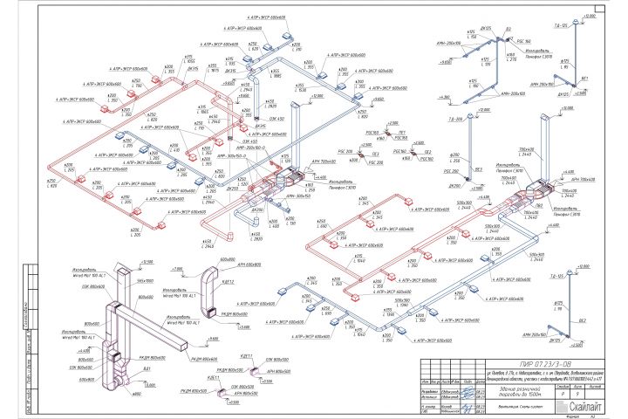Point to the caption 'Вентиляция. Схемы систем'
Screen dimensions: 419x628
(x=515, y=404)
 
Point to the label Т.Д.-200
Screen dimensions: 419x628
(x=455, y=119)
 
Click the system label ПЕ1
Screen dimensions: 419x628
(x=402, y=133)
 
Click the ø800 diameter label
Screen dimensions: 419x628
(x=136, y=394)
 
